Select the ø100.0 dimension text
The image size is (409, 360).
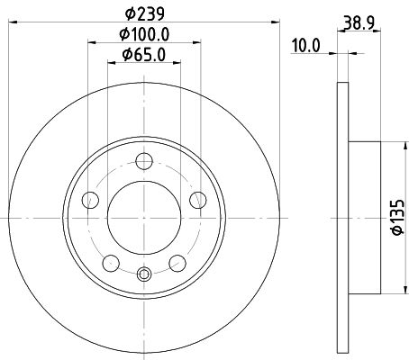[143, 34]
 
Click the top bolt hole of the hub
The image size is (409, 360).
[144, 161]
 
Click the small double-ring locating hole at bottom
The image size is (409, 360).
[144, 274]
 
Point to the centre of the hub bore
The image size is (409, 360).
[144, 219]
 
